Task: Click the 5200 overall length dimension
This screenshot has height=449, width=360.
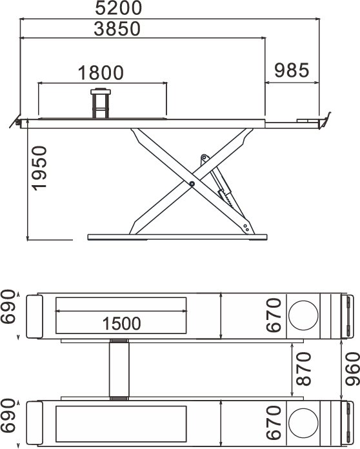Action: pos(118,8)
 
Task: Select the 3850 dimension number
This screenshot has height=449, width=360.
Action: pos(117,28)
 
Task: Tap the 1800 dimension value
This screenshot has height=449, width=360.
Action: pos(101,73)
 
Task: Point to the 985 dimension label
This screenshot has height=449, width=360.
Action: pos(292,70)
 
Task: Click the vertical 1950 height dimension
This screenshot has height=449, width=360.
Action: pos(39,168)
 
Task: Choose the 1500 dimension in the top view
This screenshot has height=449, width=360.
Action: pos(121,323)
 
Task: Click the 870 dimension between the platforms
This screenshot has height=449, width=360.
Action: pos(304,368)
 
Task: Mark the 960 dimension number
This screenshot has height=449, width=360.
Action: pos(352,369)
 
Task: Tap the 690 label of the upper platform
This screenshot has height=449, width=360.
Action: pos(8,306)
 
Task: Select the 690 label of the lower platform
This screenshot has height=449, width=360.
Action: pos(8,415)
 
